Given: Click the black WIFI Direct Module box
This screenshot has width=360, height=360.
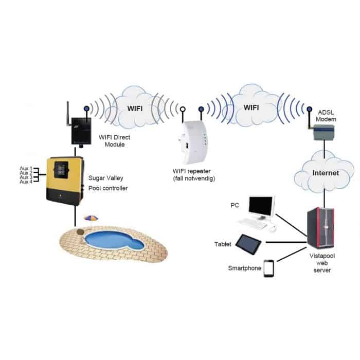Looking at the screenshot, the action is (81, 131).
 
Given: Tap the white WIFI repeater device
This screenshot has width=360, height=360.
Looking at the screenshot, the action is (193, 142).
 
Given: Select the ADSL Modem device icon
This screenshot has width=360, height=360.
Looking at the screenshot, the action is (323, 133).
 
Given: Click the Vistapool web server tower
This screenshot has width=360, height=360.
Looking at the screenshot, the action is (320, 228).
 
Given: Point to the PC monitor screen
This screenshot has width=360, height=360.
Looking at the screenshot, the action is (261, 206).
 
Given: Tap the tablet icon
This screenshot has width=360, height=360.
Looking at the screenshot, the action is (248, 244).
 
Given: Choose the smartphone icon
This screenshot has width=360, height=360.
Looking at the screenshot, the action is (268, 268).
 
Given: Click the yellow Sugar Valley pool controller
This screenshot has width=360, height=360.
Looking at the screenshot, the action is (65, 181).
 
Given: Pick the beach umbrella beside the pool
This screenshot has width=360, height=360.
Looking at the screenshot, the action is (91, 219).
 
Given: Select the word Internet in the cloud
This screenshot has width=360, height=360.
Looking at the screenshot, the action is (326, 173).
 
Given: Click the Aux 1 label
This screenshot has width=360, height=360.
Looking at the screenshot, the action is (26, 169).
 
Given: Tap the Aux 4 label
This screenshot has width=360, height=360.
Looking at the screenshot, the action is (26, 182).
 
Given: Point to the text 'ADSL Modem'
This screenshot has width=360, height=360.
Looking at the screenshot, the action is (326, 116).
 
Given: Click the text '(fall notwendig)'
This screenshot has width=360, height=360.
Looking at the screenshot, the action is (194, 178).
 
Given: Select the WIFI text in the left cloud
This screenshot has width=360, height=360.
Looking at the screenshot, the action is (135, 109).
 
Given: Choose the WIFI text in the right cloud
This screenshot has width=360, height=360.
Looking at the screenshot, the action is (251, 107).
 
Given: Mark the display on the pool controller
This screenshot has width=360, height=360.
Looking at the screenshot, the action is (61, 170).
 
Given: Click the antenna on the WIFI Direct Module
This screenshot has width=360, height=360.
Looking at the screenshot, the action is (68, 114).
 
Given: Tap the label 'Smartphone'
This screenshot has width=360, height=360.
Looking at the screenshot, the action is (244, 268).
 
